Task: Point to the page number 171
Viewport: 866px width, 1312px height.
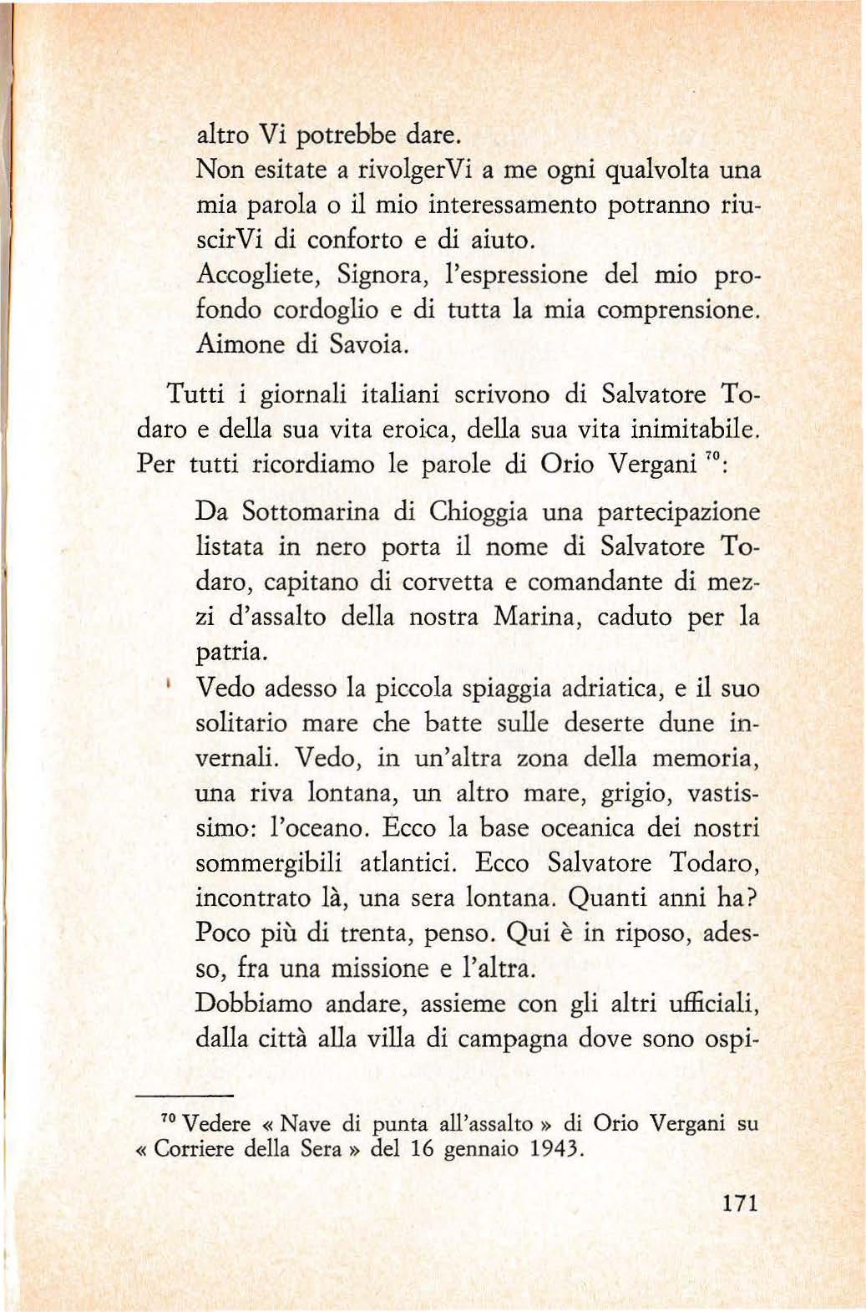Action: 739,1203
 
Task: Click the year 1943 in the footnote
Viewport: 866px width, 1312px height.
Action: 555,1149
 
